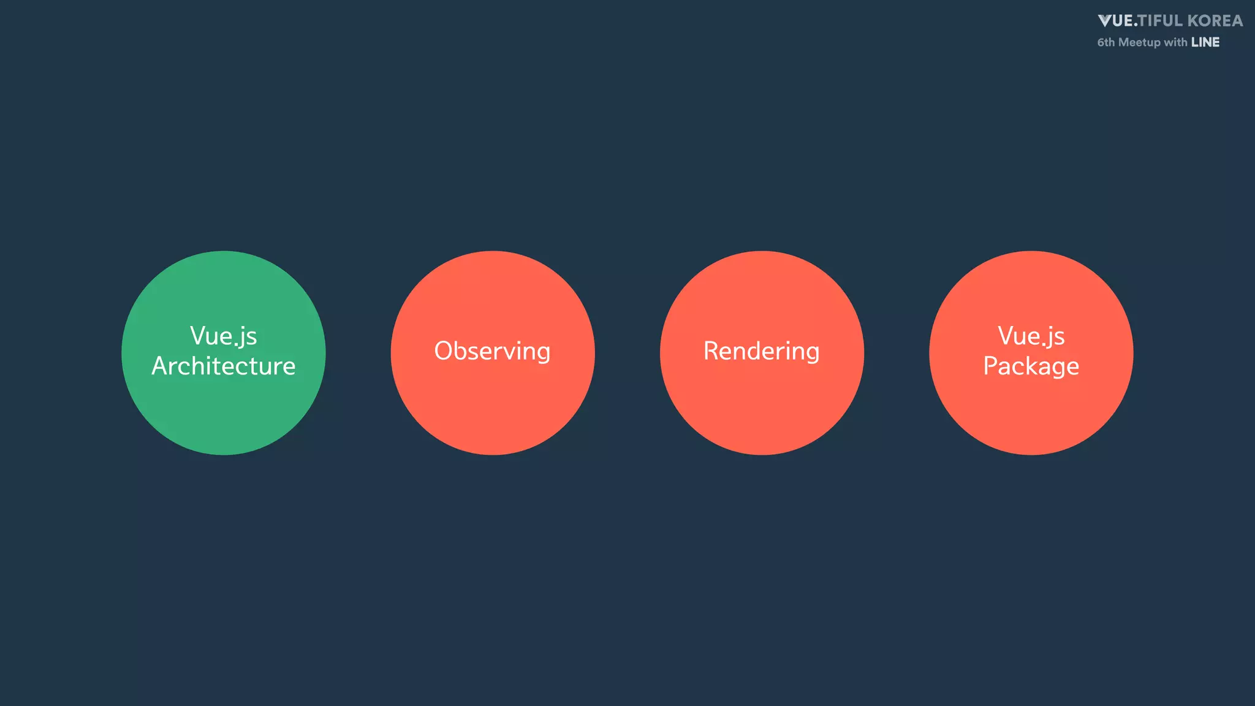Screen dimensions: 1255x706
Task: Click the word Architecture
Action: [x=224, y=366]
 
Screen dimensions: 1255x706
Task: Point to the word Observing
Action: [x=493, y=351]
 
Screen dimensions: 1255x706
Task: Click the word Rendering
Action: [x=762, y=351]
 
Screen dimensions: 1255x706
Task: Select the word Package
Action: [x=1031, y=366]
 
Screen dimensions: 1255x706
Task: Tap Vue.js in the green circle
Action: [x=223, y=336]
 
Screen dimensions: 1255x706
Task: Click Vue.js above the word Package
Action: [x=1031, y=336]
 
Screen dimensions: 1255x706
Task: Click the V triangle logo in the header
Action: [x=1105, y=21]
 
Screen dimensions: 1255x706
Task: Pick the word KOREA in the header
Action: [x=1215, y=21]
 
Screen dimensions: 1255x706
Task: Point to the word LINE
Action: [x=1205, y=42]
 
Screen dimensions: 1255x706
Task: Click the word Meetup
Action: [x=1139, y=42]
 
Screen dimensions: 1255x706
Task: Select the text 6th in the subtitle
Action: [x=1106, y=42]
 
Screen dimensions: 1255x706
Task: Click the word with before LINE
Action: [x=1175, y=42]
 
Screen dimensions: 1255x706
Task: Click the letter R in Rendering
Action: [x=711, y=351]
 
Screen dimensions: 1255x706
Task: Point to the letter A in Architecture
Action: [x=161, y=366]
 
